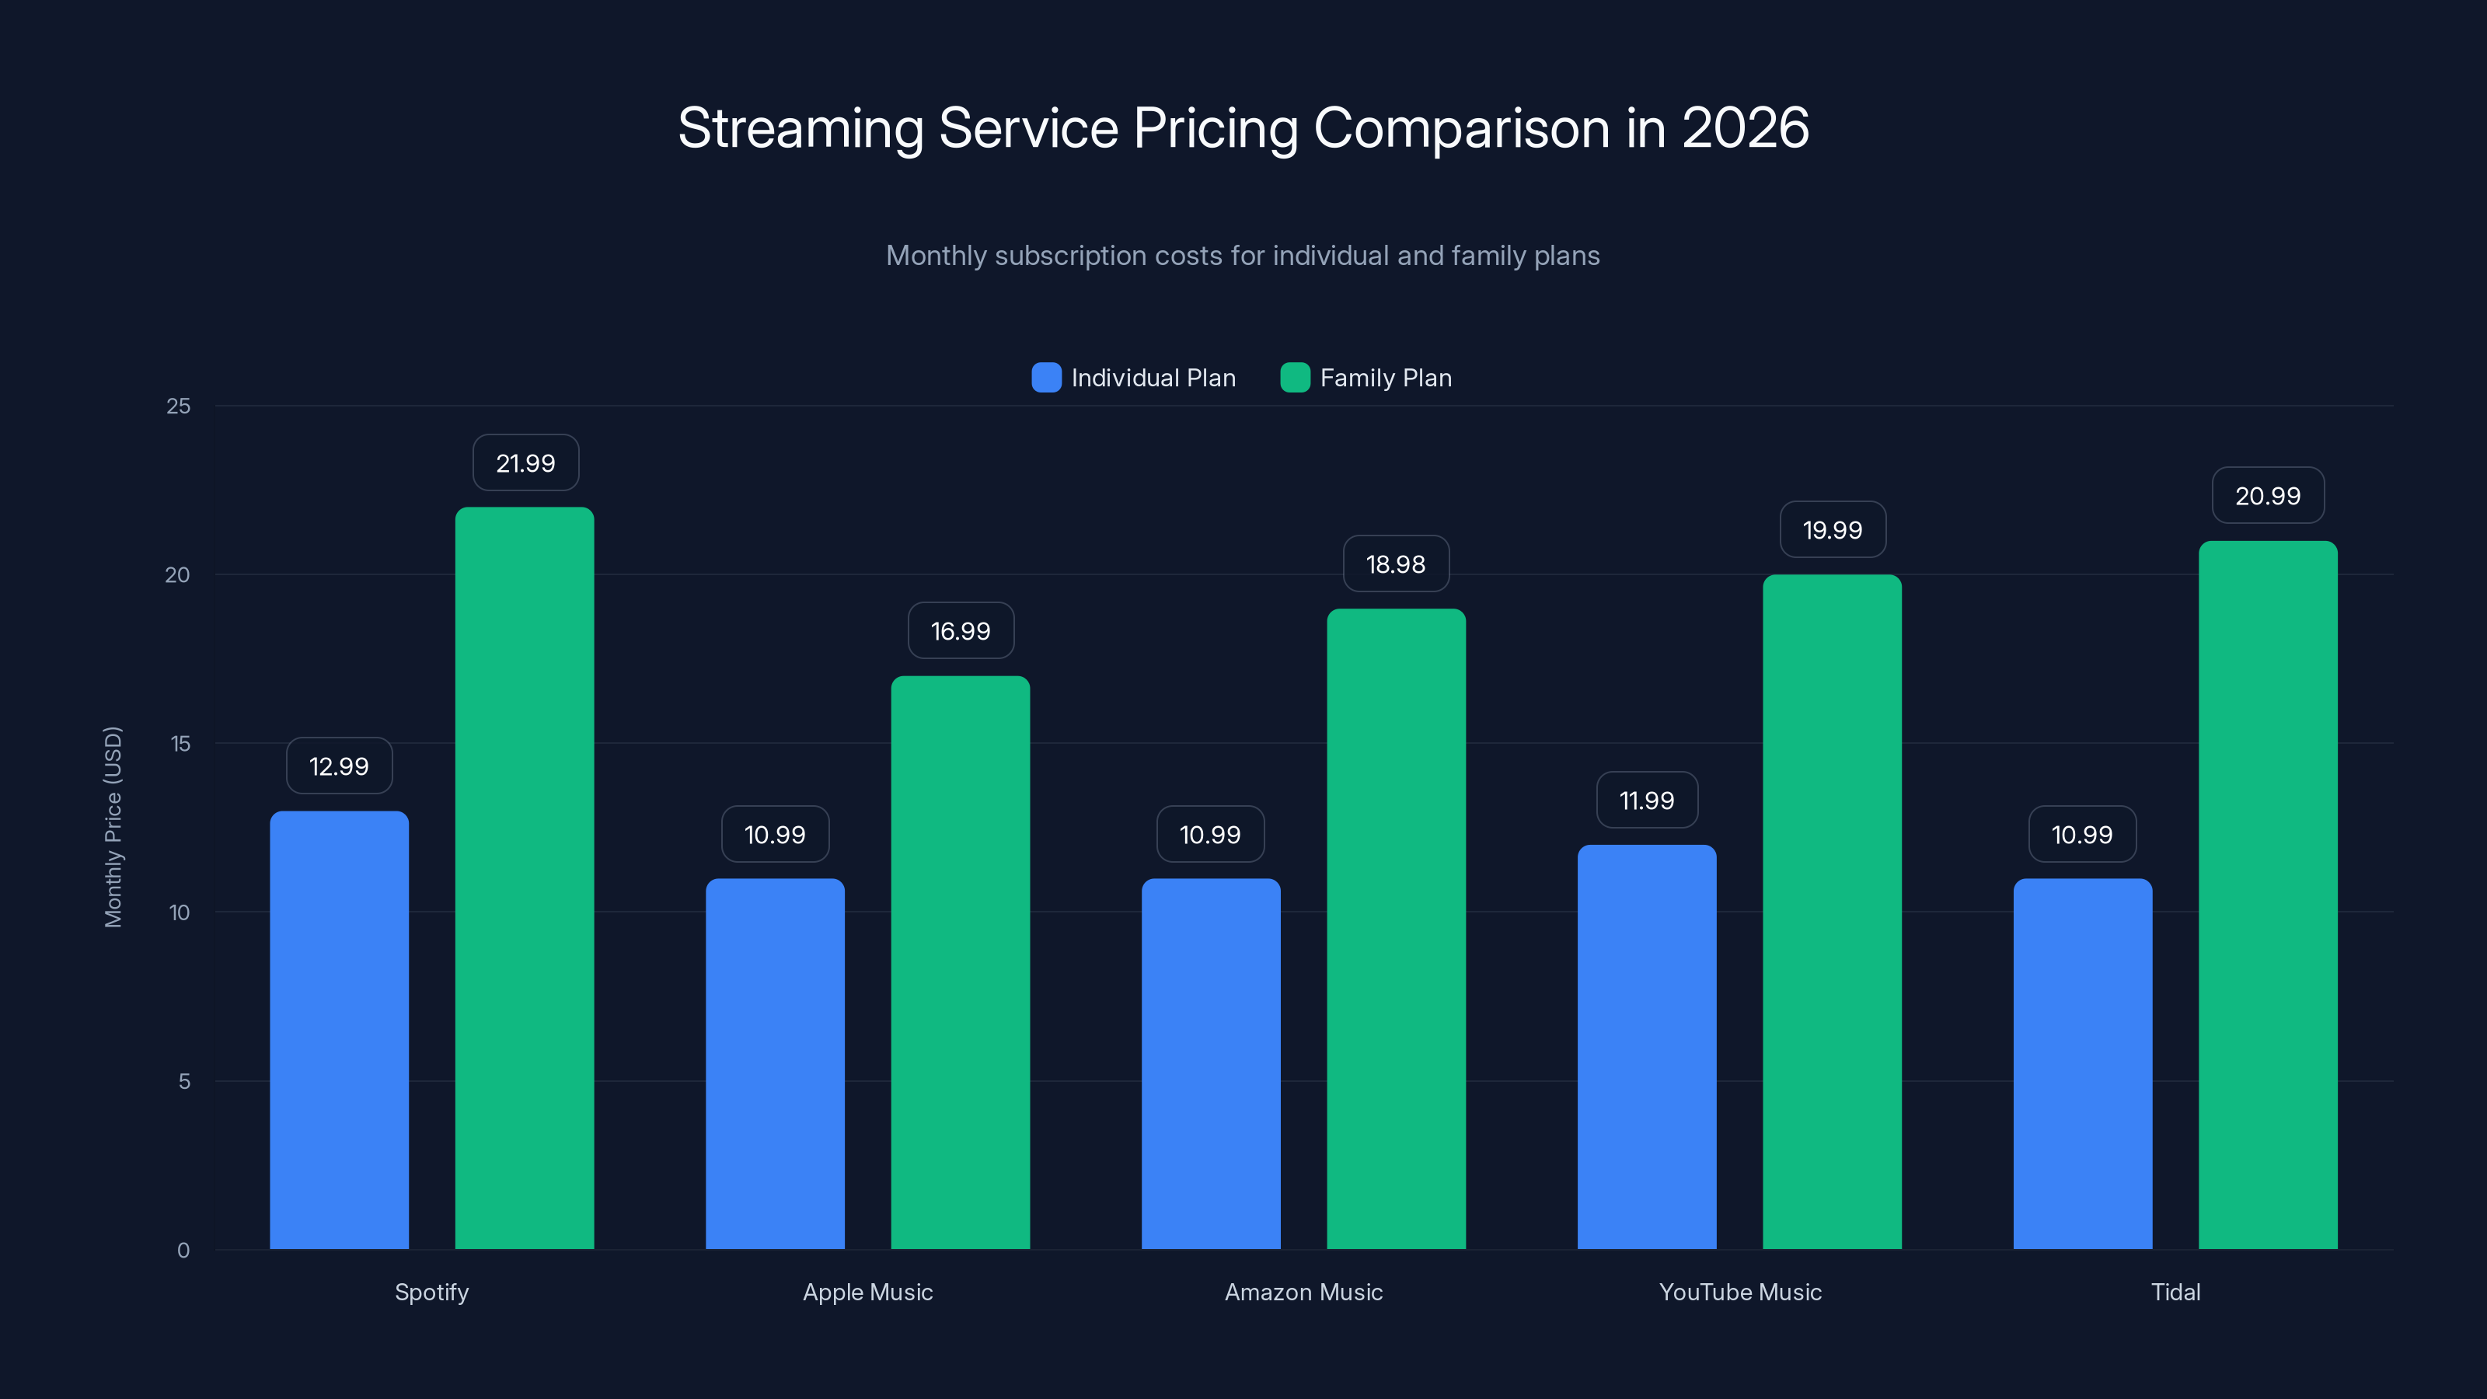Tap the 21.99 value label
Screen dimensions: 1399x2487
point(525,463)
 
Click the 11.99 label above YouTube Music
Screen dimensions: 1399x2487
point(1646,801)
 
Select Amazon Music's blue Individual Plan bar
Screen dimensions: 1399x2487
point(1211,1063)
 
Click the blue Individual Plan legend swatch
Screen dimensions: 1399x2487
point(1045,378)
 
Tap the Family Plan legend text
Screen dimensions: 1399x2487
point(1386,378)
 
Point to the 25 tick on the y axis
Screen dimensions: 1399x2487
point(179,406)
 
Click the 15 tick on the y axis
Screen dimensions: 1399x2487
point(180,744)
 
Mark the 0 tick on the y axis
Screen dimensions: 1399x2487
point(183,1251)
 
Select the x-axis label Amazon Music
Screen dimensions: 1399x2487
point(1303,1292)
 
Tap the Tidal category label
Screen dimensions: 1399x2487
point(2175,1292)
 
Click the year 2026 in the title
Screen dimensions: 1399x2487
point(1746,127)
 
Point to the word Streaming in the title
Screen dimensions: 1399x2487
point(801,129)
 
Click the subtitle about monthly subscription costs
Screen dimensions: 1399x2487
point(1243,256)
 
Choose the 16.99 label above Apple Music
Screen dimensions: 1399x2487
point(960,631)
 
